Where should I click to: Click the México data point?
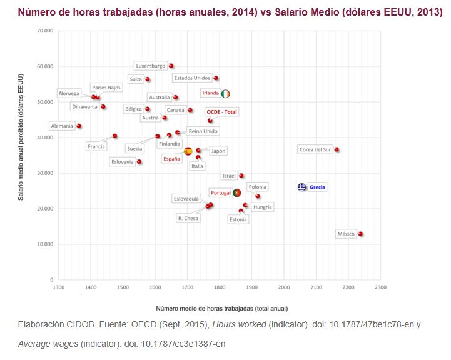[361, 234]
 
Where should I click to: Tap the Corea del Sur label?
[315, 150]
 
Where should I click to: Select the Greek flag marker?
[302, 187]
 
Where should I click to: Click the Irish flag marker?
[225, 93]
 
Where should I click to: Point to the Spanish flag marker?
[188, 151]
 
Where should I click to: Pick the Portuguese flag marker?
[236, 193]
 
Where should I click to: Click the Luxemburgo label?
[151, 66]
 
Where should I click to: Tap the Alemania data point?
[79, 126]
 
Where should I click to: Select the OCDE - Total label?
[222, 111]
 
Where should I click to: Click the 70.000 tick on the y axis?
[45, 31]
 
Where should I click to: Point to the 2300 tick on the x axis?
[380, 287]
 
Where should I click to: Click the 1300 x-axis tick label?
[59, 287]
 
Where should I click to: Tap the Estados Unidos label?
[192, 78]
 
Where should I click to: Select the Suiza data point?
[148, 79]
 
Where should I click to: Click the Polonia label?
[257, 187]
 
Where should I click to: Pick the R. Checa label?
[188, 218]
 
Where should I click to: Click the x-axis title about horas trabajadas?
[218, 308]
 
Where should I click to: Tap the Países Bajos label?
[106, 87]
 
